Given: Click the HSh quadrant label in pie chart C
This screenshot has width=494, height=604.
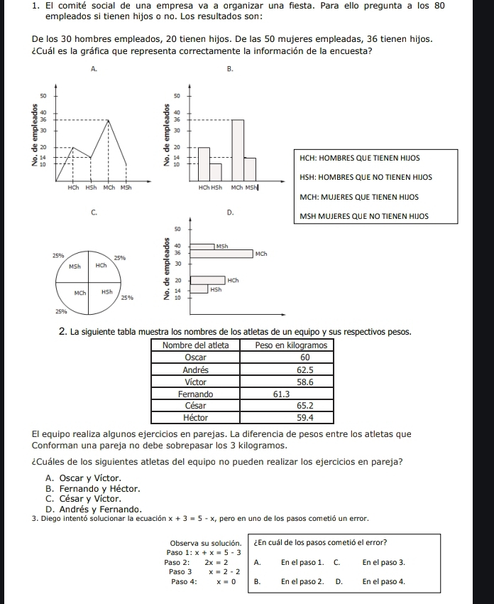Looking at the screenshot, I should pos(106,292).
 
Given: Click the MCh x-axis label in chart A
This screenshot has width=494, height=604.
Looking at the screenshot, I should pos(109,188).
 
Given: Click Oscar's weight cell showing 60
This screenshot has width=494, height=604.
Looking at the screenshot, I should pos(306,357).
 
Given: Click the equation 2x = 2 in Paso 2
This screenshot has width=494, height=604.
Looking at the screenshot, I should pos(216,561).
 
